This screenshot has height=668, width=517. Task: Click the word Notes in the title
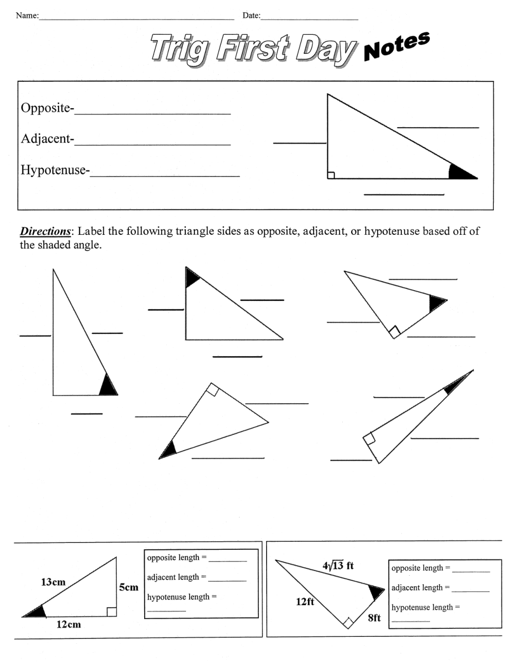(396, 46)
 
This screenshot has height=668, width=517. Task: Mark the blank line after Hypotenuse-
(165, 175)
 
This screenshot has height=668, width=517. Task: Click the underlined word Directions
(45, 231)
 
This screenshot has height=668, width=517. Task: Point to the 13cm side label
(53, 582)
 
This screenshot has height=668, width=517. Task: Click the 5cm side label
(128, 587)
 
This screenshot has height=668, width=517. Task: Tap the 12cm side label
(69, 624)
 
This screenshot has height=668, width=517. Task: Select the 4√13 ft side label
(338, 566)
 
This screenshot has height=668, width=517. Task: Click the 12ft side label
(305, 601)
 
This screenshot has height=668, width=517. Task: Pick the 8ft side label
(374, 618)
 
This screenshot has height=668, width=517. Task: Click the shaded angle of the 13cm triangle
(36, 613)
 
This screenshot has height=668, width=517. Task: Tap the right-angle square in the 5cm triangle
(111, 612)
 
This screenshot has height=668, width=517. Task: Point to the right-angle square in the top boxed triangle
(331, 175)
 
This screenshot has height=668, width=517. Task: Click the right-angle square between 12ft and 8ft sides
(348, 623)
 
